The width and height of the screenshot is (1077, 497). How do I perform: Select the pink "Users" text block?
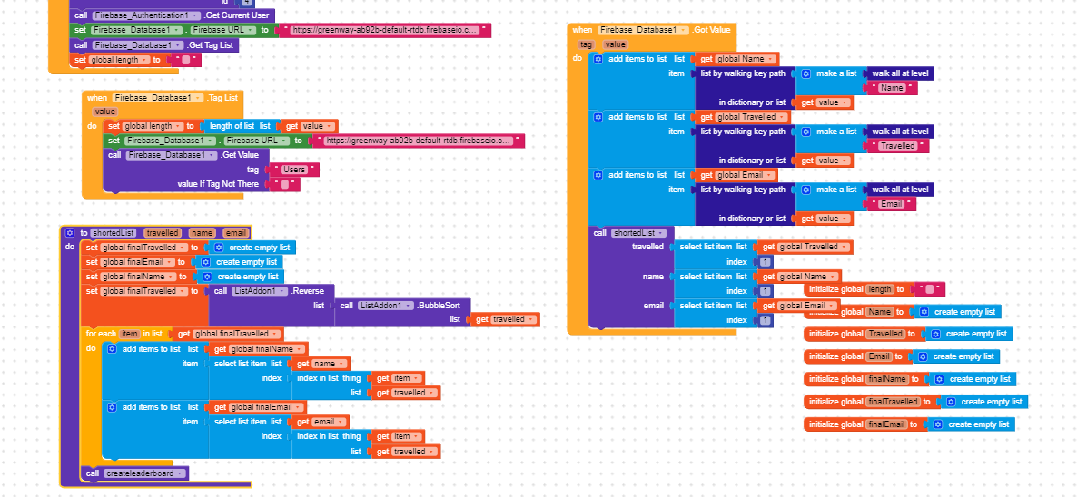(x=295, y=170)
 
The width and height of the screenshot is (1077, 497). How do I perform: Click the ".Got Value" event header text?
(x=712, y=30)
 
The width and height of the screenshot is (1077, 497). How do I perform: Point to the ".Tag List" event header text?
(x=222, y=97)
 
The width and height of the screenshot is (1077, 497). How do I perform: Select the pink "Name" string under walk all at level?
(x=892, y=88)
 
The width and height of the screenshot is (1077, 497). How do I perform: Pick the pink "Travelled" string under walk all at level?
(x=898, y=146)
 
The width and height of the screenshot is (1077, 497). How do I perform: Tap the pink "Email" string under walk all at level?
(x=892, y=204)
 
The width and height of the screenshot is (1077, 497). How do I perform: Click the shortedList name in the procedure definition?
(x=112, y=233)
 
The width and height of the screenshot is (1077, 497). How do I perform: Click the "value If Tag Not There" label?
(x=218, y=184)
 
